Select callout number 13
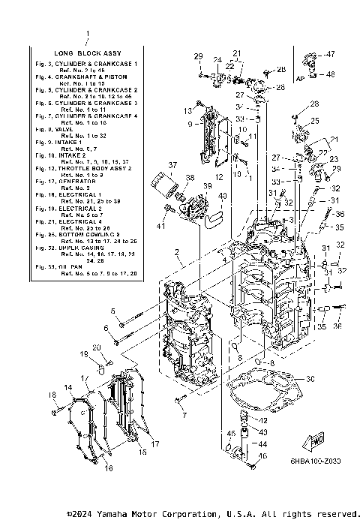(x=189, y=110)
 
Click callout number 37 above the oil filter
(x=172, y=165)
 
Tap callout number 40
(x=222, y=196)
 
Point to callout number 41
(x=160, y=225)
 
